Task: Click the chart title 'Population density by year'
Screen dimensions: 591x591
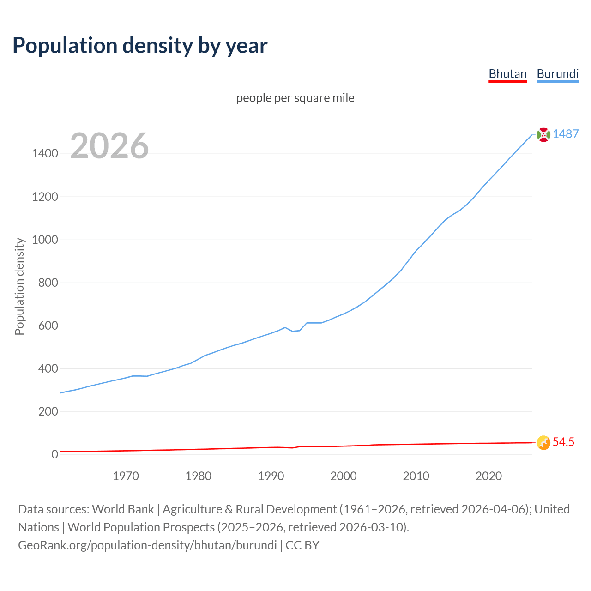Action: (140, 46)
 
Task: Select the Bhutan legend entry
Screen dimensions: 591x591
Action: (507, 74)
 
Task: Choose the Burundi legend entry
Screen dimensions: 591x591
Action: (557, 74)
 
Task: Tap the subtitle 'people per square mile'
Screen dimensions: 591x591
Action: (295, 98)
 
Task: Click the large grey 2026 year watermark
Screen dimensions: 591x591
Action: (109, 146)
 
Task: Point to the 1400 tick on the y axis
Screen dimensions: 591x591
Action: (45, 154)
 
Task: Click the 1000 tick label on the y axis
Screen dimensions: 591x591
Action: (45, 240)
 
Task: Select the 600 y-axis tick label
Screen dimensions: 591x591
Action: (48, 326)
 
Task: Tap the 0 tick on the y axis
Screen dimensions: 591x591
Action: (55, 454)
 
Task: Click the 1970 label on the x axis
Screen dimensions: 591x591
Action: (126, 476)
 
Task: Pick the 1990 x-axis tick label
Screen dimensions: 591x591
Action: (271, 476)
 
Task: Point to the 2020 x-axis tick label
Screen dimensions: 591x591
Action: (488, 476)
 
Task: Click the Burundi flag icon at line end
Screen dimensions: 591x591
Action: (543, 134)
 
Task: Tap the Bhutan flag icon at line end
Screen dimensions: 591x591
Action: (543, 442)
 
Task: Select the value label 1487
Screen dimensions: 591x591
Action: (566, 134)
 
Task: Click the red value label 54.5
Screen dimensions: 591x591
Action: (563, 442)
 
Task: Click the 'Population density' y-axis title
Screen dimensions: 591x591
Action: (19, 286)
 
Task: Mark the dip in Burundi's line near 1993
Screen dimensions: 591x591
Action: (292, 331)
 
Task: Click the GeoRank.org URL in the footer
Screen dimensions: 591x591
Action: (147, 545)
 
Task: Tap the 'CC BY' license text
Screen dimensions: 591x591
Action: (302, 545)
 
